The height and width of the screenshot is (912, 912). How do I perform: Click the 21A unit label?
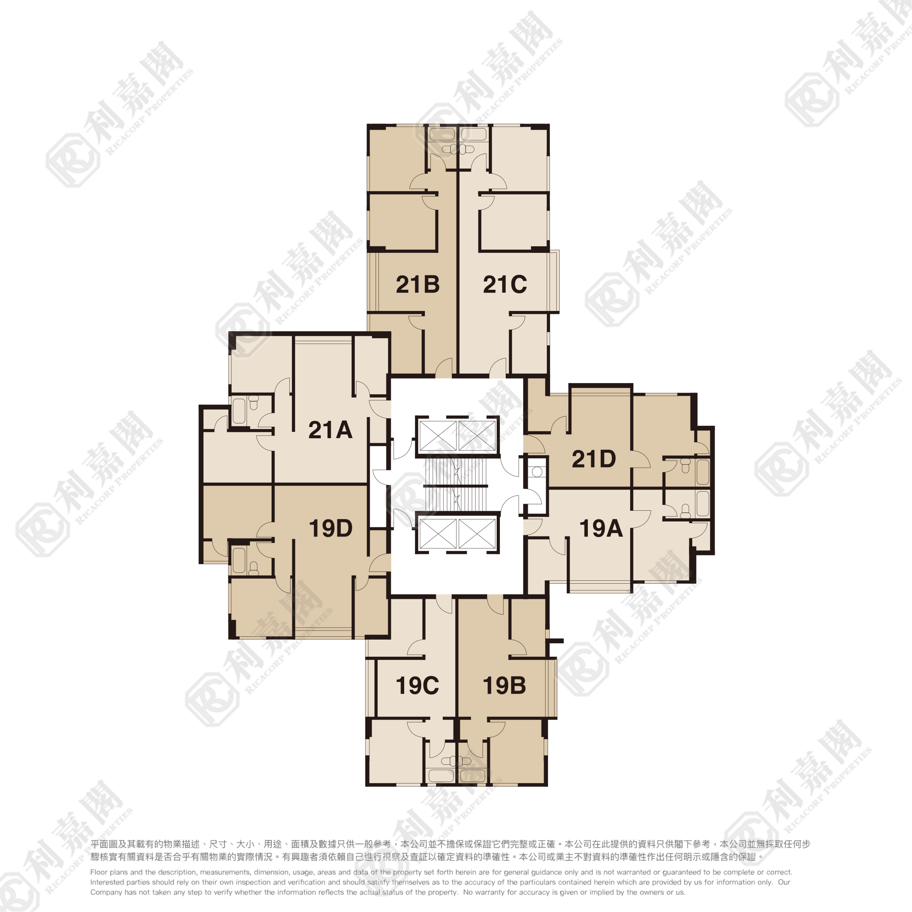(x=330, y=430)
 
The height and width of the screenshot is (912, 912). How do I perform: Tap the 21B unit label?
(x=418, y=285)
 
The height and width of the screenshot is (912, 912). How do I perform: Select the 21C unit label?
(x=505, y=285)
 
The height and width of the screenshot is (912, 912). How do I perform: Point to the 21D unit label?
(x=594, y=459)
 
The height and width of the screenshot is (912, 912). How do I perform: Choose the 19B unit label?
(x=504, y=686)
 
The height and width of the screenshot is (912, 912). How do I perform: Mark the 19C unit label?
(x=417, y=686)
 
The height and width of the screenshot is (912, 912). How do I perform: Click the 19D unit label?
(x=330, y=529)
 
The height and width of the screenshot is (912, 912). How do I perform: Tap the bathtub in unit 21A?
(x=239, y=412)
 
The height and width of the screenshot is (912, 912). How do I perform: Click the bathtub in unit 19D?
(x=239, y=560)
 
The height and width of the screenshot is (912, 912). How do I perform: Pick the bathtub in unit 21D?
(x=702, y=472)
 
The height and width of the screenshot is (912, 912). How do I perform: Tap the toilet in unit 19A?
(x=685, y=511)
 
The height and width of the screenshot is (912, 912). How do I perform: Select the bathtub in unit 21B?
(x=443, y=134)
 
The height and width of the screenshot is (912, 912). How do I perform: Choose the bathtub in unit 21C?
(x=474, y=134)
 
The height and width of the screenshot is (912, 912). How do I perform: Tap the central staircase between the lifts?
(x=456, y=486)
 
